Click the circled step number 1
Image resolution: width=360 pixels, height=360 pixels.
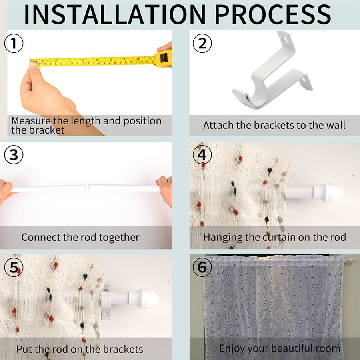tap(14, 43)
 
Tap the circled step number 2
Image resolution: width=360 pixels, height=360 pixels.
tap(202, 43)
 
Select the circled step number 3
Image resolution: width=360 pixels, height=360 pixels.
tap(14, 155)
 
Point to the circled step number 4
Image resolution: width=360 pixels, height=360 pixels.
tap(202, 155)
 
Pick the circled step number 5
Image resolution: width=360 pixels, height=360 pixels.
tap(14, 267)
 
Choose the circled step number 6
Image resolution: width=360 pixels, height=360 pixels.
tap(202, 267)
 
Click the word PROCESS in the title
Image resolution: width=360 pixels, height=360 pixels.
tap(273, 14)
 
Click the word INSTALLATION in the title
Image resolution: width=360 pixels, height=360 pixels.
tap(115, 14)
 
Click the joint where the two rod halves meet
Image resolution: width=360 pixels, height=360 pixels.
tap(87, 187)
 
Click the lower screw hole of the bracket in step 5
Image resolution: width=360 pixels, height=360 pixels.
tap(106, 314)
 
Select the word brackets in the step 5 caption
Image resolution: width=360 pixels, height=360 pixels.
tap(123, 350)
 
